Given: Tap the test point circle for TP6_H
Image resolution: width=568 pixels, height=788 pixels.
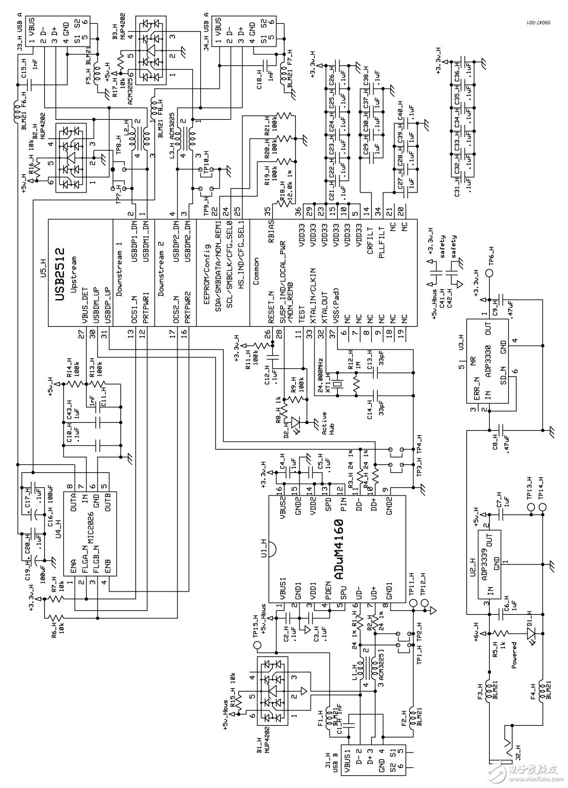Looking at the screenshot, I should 489,273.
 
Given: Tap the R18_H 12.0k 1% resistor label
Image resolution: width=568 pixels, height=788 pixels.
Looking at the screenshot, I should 285,193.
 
